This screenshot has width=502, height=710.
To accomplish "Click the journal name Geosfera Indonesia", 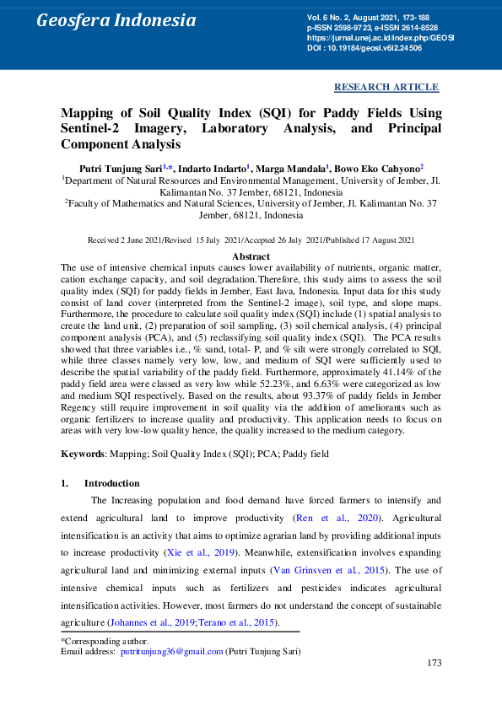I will click(116, 20).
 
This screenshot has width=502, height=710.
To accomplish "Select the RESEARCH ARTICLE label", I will click(386, 87).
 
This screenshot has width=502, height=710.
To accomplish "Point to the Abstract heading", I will click(251, 256).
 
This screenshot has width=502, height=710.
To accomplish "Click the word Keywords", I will click(82, 455).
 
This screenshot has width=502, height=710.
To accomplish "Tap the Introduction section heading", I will click(111, 483).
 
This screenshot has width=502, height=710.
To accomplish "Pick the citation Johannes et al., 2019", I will click(154, 623).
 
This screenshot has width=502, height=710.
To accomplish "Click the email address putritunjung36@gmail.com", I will click(171, 652).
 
